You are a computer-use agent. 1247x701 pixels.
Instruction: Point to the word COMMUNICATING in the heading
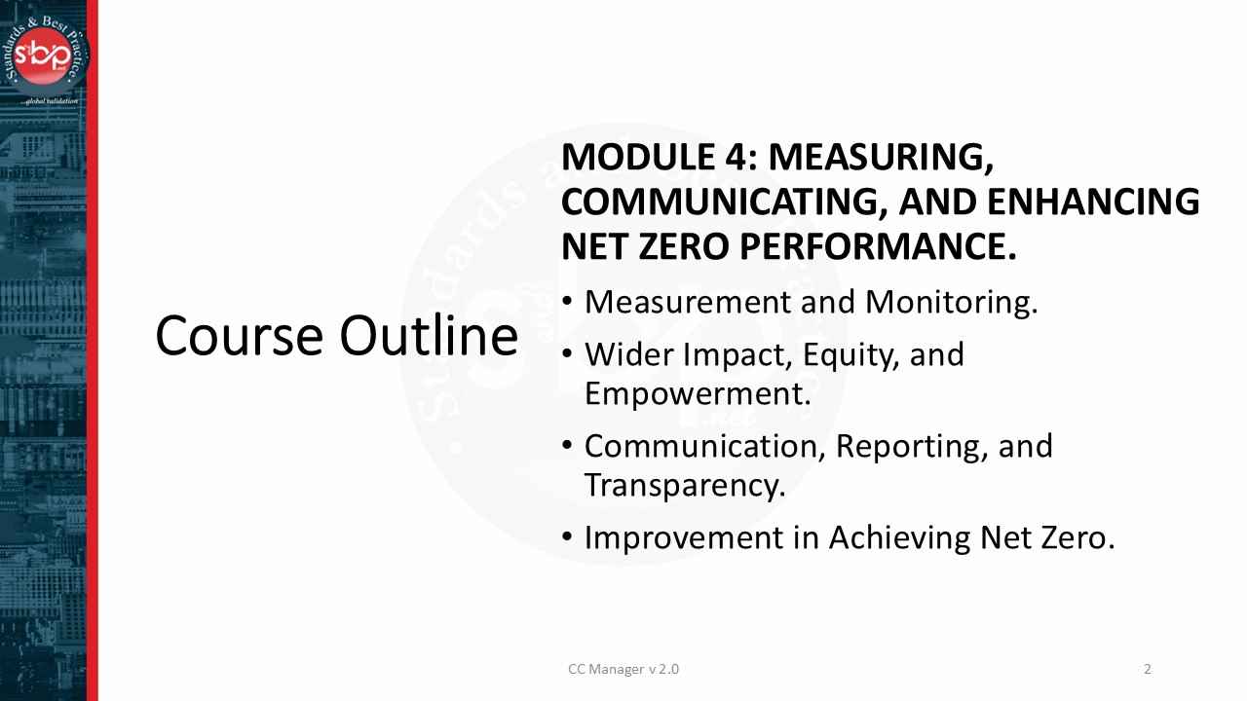pyautogui.click(x=724, y=202)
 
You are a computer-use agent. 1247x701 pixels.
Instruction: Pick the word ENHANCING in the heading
pyautogui.click(x=1093, y=202)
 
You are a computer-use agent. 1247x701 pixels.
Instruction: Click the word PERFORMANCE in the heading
pyautogui.click(x=878, y=247)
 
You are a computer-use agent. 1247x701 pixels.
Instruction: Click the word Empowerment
pyautogui.click(x=698, y=393)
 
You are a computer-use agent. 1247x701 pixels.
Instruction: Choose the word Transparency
pyautogui.click(x=684, y=485)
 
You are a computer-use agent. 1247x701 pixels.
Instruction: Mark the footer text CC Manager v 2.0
pyautogui.click(x=623, y=669)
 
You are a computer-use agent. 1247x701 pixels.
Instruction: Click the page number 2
pyautogui.click(x=1148, y=669)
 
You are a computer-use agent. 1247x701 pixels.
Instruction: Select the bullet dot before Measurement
pyautogui.click(x=568, y=304)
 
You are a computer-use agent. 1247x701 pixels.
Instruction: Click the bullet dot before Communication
pyautogui.click(x=568, y=447)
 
